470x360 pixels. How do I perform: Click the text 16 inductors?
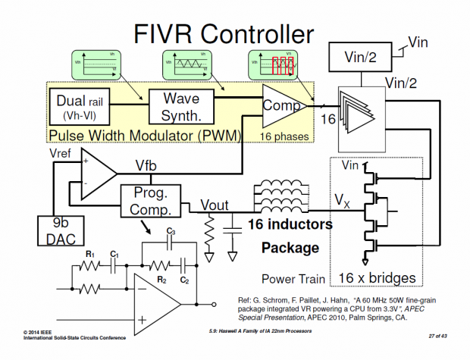[x=290, y=224]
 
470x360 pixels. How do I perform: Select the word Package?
[x=290, y=248]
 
